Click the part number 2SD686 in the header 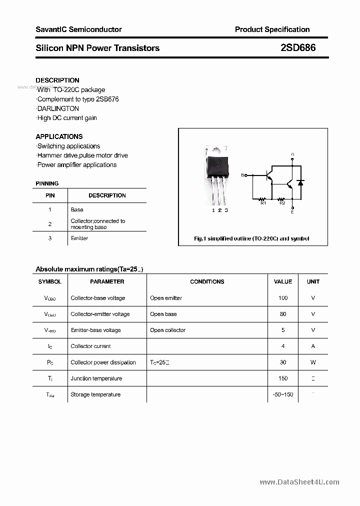pyautogui.click(x=298, y=48)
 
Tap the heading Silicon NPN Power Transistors pyautogui.click(x=97, y=48)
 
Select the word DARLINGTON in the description pyautogui.click(x=58, y=108)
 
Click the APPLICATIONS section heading pyautogui.click(x=59, y=136)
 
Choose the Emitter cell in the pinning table pyautogui.click(x=79, y=238)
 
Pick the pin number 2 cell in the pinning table pyautogui.click(x=50, y=224)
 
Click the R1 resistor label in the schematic pyautogui.click(x=263, y=203)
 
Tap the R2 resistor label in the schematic pyautogui.click(x=282, y=203)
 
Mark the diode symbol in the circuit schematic pyautogui.click(x=300, y=182)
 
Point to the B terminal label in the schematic pyautogui.click(x=243, y=175)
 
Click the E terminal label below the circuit pyautogui.click(x=292, y=212)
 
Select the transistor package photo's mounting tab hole pyautogui.click(x=216, y=150)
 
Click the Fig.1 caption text pyautogui.click(x=251, y=238)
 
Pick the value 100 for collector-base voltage pyautogui.click(x=283, y=298)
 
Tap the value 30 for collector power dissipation pyautogui.click(x=283, y=362)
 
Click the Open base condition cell pyautogui.click(x=163, y=314)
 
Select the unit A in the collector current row pyautogui.click(x=313, y=346)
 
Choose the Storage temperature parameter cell pyautogui.click(x=95, y=394)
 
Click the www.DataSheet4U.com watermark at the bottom pyautogui.click(x=299, y=482)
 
